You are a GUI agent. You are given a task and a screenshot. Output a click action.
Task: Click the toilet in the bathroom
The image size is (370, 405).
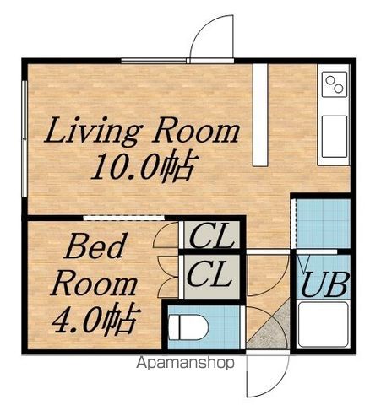click(x=188, y=327)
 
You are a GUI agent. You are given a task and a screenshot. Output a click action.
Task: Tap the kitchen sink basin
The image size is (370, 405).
click(x=335, y=137)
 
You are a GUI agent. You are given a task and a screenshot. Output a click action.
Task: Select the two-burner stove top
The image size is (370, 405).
click(x=335, y=84)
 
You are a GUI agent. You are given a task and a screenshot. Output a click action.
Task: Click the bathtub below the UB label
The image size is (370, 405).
click(x=323, y=325)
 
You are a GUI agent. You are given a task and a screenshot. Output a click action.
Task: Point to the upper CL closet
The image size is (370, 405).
click(x=212, y=235)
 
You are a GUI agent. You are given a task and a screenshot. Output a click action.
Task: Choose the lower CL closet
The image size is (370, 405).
click(x=212, y=277)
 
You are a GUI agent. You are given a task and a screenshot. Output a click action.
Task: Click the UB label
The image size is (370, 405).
click(x=324, y=284)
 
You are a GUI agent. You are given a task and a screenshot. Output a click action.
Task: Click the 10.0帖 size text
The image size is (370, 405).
click(x=144, y=168)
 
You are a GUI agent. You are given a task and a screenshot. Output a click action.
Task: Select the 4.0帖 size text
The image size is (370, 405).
click(x=96, y=319)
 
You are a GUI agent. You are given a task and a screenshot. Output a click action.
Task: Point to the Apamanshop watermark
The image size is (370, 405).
click(x=185, y=363)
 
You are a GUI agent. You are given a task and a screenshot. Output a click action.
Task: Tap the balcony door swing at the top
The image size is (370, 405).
click(x=211, y=35)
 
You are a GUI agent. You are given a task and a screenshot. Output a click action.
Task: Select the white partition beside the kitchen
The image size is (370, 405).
click(x=259, y=115)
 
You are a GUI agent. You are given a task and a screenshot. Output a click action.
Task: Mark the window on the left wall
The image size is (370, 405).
click(x=24, y=138)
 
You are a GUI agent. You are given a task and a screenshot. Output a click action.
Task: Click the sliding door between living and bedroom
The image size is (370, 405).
click(x=124, y=218)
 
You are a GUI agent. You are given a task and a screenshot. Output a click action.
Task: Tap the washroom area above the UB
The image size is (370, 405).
click(x=324, y=224)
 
